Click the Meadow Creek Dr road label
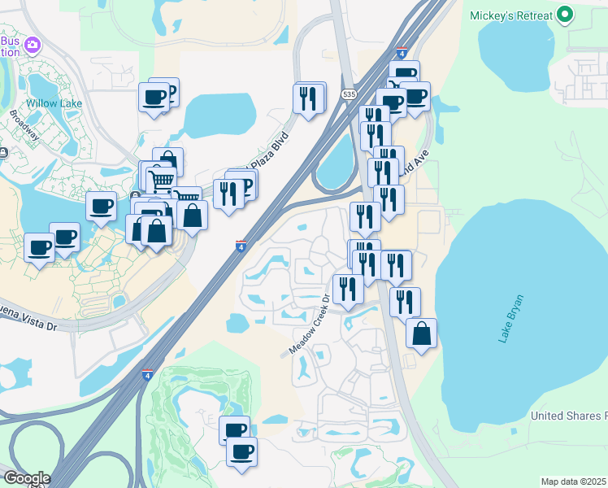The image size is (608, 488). click(309, 325)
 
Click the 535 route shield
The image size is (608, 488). click(349, 94)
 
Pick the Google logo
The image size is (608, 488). click(27, 478)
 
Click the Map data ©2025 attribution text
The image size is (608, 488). click(574, 481)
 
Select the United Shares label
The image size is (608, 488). click(567, 416)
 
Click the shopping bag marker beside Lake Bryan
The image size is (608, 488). click(421, 333)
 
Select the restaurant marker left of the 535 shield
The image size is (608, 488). click(308, 99)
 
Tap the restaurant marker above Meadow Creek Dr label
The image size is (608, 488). click(348, 289)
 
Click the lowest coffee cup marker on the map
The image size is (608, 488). click(241, 451)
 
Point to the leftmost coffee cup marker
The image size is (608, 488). click(39, 246)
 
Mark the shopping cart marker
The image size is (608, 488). click(161, 180)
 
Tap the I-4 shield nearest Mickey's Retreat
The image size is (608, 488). click(402, 53)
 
